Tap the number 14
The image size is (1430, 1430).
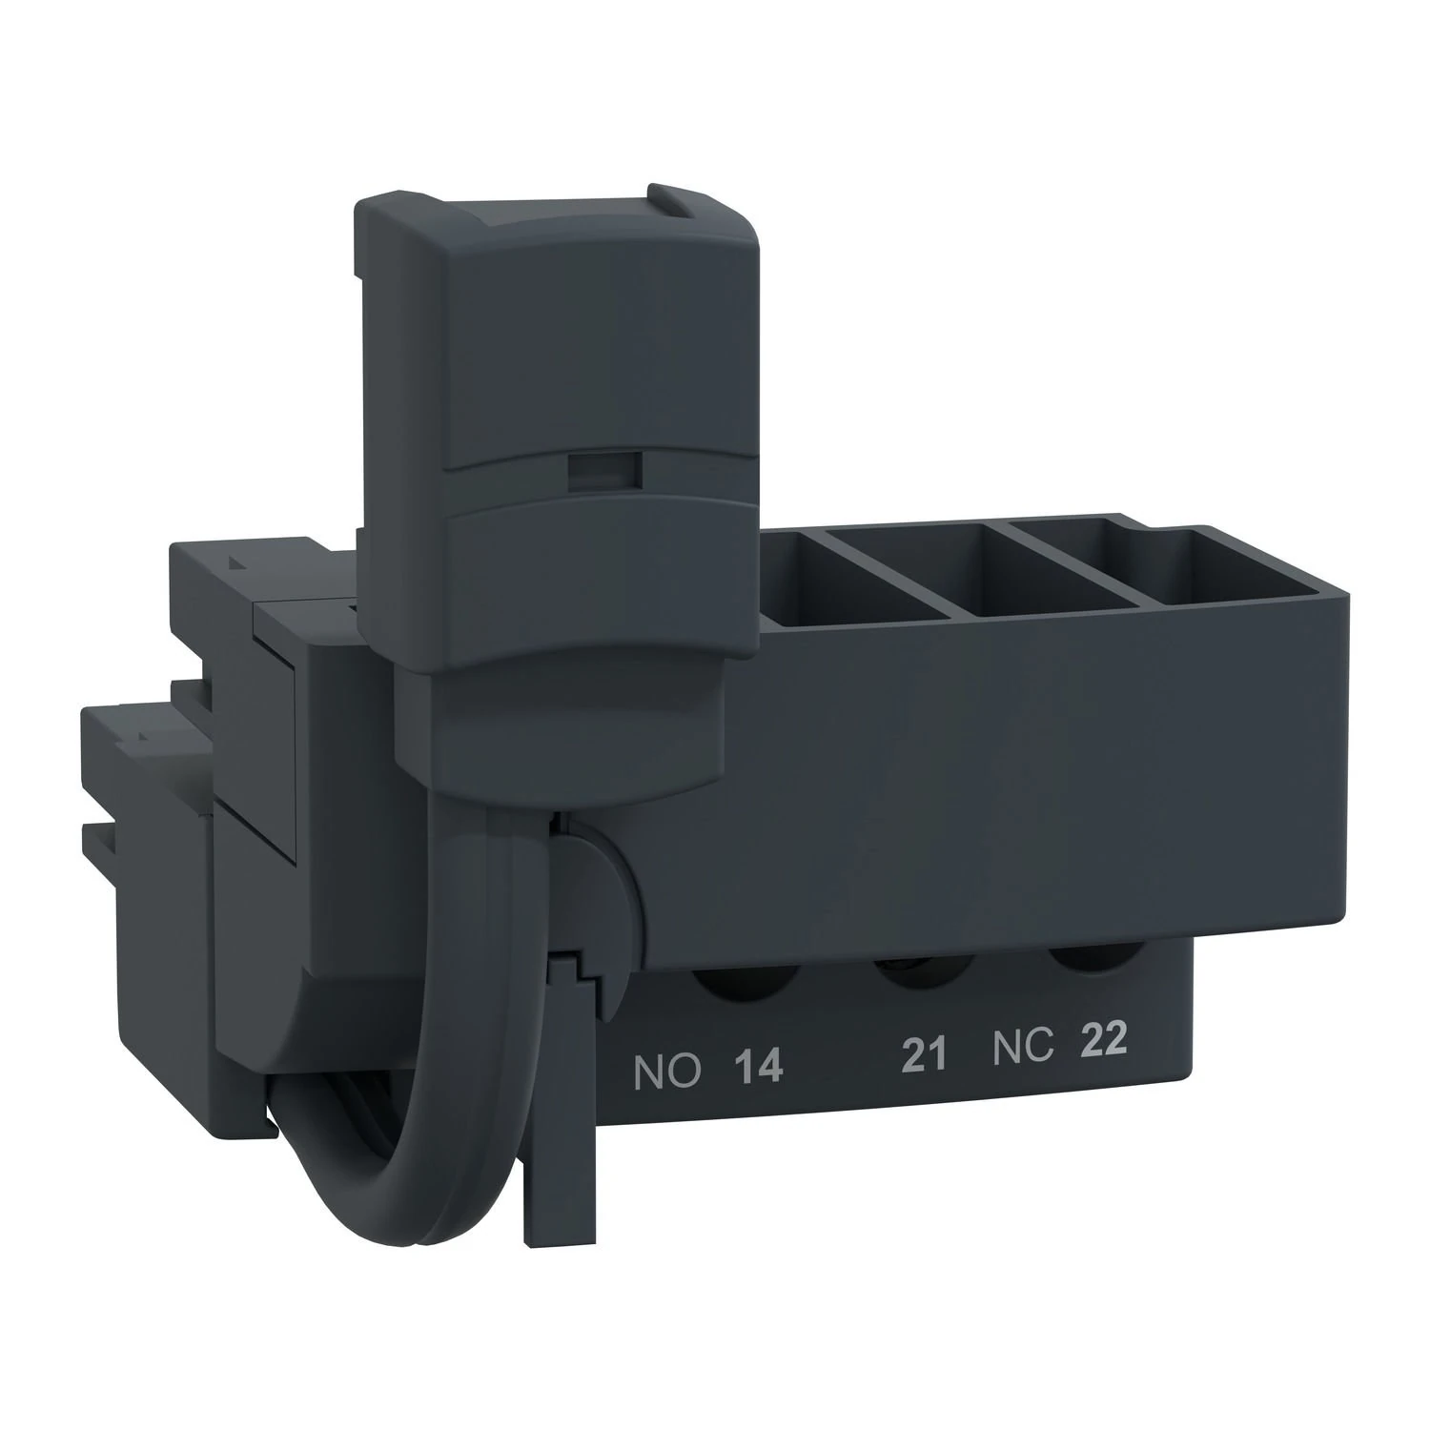pyautogui.click(x=760, y=1067)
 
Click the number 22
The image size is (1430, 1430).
pyautogui.click(x=1103, y=1040)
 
